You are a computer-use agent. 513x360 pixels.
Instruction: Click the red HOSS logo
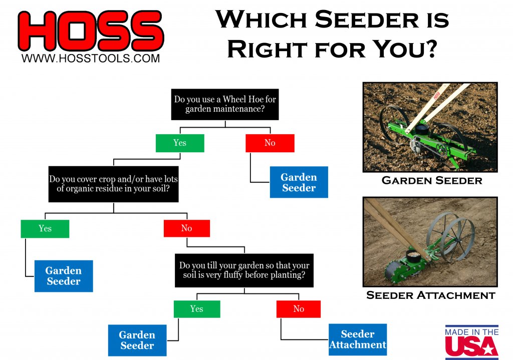pyautogui.click(x=91, y=31)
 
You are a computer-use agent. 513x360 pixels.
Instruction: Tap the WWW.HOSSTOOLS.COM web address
pyautogui.click(x=91, y=58)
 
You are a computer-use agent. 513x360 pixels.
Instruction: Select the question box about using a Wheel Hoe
pyautogui.click(x=225, y=104)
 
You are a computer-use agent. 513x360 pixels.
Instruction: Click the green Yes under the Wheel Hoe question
pyautogui.click(x=180, y=143)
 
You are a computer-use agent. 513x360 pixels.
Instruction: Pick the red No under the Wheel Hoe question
pyautogui.click(x=270, y=143)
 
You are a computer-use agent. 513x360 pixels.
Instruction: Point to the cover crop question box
pyautogui.click(x=114, y=184)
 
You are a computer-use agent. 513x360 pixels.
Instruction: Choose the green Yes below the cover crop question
pyautogui.click(x=45, y=228)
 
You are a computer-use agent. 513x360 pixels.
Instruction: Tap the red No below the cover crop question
pyautogui.click(x=187, y=228)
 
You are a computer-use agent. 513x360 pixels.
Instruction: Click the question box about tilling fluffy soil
pyautogui.click(x=244, y=270)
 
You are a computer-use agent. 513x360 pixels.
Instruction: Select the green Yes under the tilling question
pyautogui.click(x=197, y=309)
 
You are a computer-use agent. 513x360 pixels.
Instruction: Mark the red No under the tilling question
pyautogui.click(x=299, y=309)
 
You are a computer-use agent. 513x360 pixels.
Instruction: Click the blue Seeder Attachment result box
pyautogui.click(x=358, y=339)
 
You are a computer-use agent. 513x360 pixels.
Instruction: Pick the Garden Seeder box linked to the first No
pyautogui.click(x=299, y=182)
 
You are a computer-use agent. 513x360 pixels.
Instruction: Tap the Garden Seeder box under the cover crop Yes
pyautogui.click(x=64, y=276)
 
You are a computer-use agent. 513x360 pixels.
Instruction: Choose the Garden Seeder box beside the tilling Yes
pyautogui.click(x=137, y=340)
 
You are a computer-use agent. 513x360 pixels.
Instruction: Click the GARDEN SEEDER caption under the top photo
pyautogui.click(x=432, y=180)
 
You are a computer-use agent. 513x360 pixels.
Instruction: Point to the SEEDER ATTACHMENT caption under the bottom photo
pyautogui.click(x=430, y=295)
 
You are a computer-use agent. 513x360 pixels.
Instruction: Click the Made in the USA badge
pyautogui.click(x=472, y=342)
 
